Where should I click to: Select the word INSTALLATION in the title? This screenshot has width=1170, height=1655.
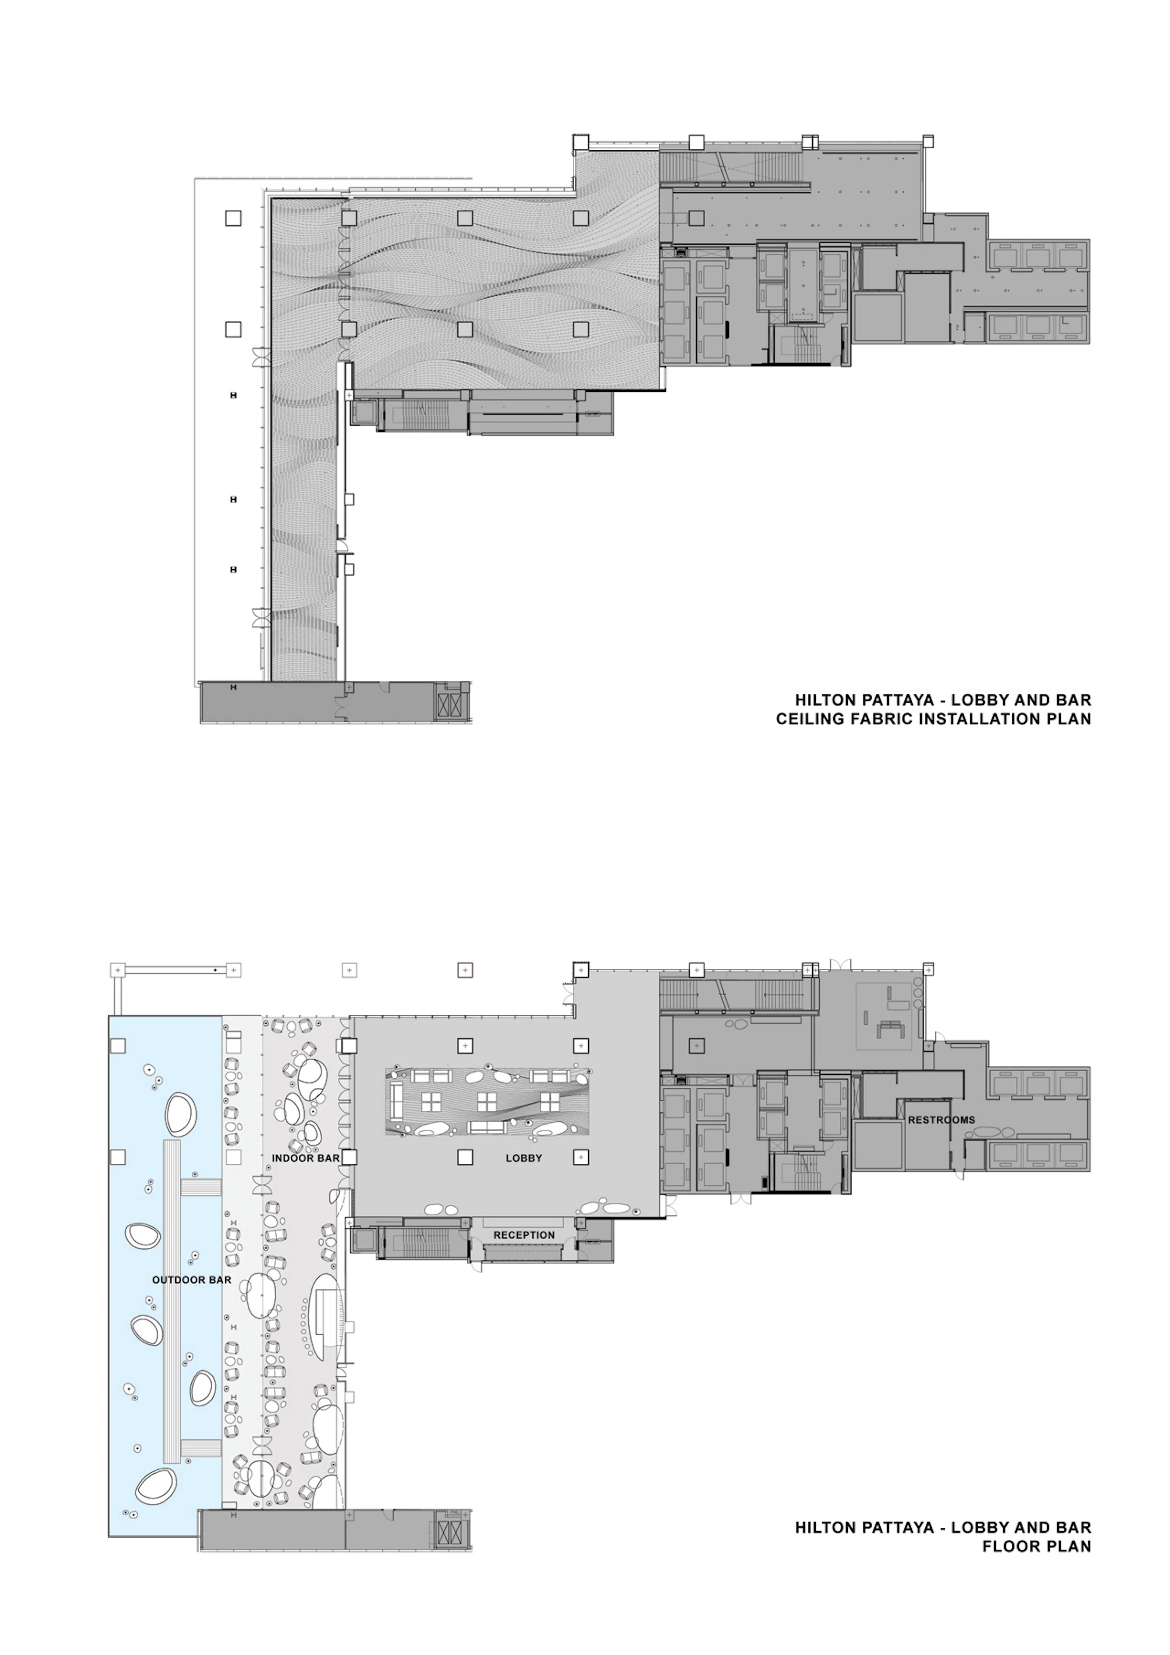click(977, 719)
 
